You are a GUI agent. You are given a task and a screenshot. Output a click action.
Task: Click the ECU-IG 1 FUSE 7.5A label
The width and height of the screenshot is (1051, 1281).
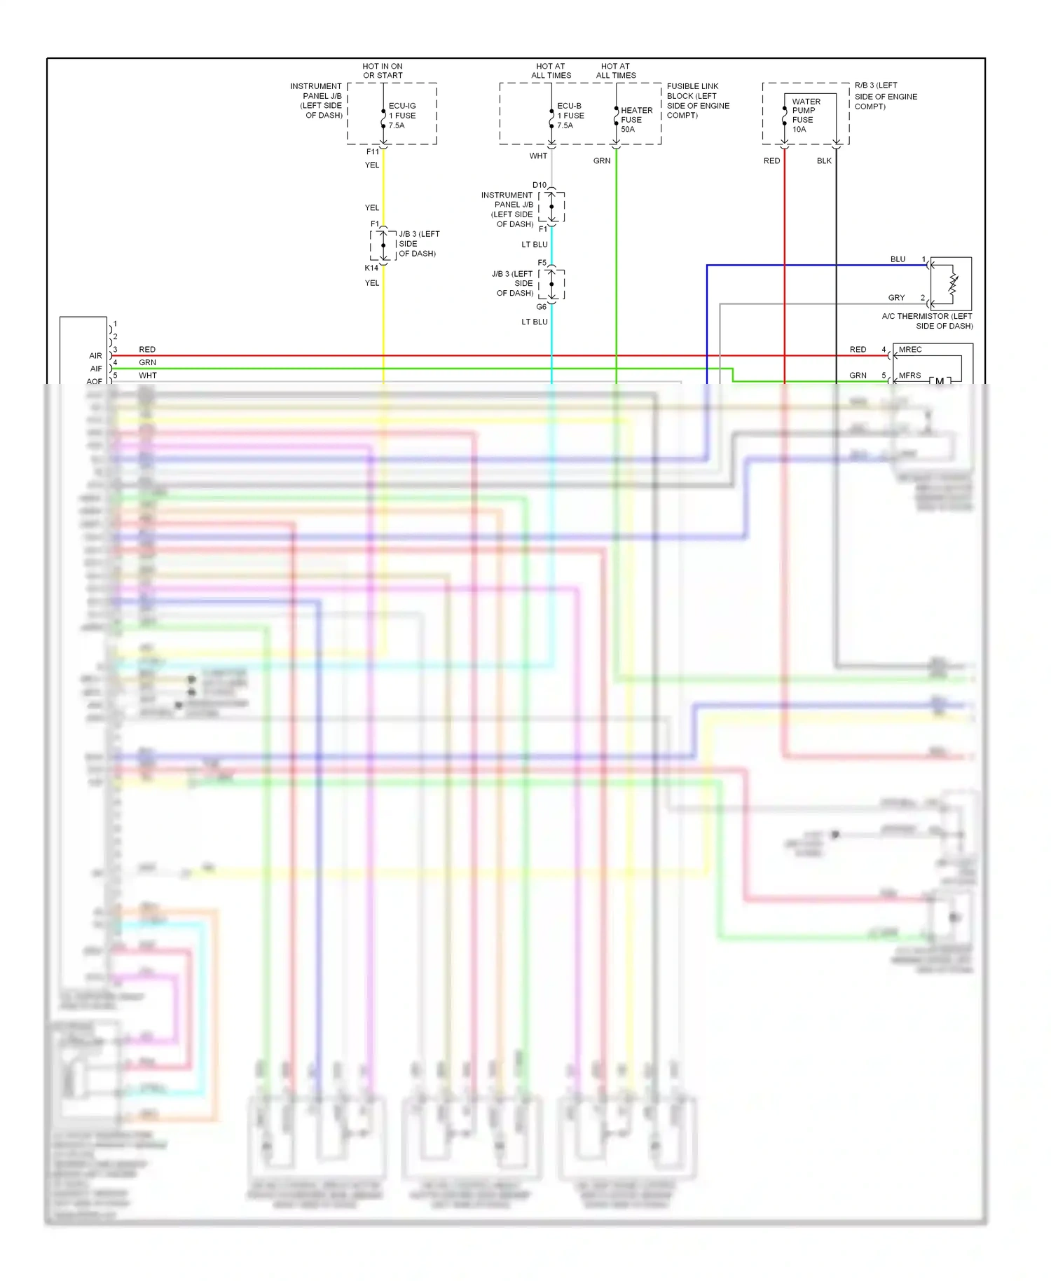tap(402, 116)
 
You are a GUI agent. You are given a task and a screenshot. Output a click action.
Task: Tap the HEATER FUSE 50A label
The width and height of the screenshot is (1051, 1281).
tap(636, 120)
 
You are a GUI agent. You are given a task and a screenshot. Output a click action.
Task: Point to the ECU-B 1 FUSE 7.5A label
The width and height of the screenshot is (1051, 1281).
tap(570, 116)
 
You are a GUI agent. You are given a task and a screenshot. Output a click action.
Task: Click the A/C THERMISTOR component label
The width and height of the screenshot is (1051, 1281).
tap(927, 321)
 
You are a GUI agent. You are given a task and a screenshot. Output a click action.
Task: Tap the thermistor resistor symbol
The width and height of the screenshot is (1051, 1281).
tap(953, 284)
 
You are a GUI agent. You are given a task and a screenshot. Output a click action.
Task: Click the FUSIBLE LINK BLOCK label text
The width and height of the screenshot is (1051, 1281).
tap(698, 101)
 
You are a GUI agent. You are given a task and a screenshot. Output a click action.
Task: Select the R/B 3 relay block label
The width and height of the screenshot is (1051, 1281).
tap(885, 96)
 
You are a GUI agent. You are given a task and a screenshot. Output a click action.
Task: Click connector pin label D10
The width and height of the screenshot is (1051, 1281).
tap(540, 186)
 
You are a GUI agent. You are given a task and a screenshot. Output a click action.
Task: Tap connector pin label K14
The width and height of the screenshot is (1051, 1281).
tap(371, 268)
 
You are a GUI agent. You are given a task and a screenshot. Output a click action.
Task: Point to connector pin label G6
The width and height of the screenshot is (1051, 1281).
tap(542, 307)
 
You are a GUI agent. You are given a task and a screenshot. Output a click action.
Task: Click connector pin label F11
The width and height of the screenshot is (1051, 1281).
tap(373, 152)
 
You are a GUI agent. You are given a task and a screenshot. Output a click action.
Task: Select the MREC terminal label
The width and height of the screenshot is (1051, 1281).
tap(910, 350)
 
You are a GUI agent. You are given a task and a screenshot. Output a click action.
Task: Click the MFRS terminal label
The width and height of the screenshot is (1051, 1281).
tap(909, 376)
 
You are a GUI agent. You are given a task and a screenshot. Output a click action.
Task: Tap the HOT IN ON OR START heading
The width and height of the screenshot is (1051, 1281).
tap(383, 71)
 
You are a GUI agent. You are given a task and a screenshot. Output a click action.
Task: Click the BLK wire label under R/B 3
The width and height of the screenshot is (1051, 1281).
tap(824, 161)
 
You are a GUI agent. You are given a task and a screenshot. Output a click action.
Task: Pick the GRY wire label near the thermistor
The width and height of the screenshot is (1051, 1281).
tap(896, 298)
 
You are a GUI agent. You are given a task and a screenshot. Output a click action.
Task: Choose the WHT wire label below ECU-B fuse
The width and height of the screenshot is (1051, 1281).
tap(538, 156)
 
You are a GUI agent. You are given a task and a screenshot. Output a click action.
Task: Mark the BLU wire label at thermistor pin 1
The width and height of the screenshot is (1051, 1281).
tap(898, 259)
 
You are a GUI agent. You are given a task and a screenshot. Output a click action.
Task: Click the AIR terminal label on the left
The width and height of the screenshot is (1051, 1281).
tap(95, 356)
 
